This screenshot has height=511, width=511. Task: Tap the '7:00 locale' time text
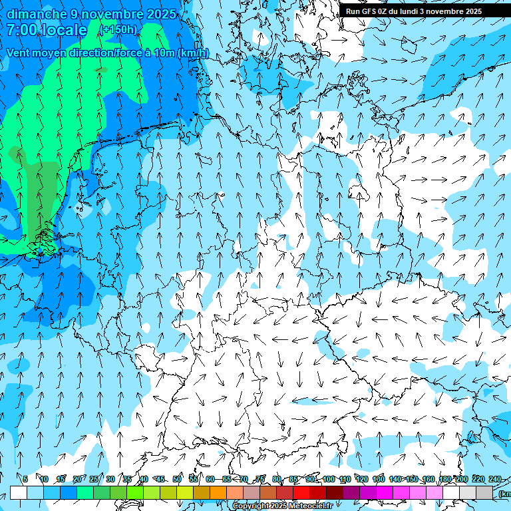tap(47, 30)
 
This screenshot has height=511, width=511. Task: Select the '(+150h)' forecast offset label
tap(118, 30)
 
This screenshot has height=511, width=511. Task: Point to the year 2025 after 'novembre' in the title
tap(162, 14)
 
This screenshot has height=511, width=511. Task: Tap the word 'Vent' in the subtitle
tap(19, 53)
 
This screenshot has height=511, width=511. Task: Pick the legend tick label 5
tap(25, 479)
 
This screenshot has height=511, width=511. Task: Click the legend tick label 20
tap(77, 479)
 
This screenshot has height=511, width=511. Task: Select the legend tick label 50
tap(177, 479)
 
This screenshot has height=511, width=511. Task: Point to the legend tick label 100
tap(328, 479)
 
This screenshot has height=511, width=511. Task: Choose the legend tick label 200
tap(461, 479)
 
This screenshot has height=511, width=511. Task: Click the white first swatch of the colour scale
tap(19, 492)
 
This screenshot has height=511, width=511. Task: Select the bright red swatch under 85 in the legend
tap(301, 492)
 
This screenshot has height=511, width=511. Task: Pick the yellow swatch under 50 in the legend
tap(185, 492)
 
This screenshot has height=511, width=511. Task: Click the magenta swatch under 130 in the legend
tap(385, 492)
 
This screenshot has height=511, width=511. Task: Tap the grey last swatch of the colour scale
tap(484, 492)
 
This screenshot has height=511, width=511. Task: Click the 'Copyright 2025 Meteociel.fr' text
tap(283, 506)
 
